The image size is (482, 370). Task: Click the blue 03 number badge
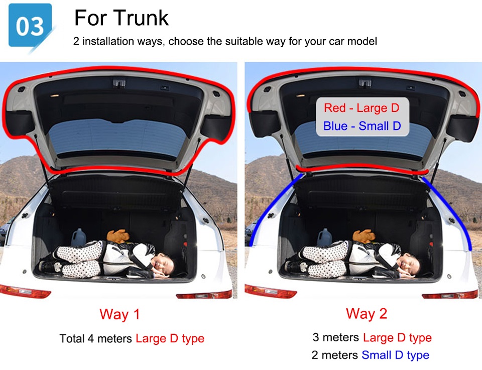click(x=30, y=25)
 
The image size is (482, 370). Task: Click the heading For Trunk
click(x=122, y=18)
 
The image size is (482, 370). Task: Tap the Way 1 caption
click(x=119, y=314)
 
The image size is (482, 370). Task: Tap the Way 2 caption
click(x=366, y=314)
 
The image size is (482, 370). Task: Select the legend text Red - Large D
click(x=361, y=108)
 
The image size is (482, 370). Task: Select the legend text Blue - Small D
click(x=362, y=126)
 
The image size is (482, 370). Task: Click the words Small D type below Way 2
click(x=395, y=355)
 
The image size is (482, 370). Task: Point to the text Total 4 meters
click(x=95, y=338)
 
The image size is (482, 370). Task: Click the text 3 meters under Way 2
click(x=336, y=337)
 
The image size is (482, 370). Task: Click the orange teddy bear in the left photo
click(x=118, y=235)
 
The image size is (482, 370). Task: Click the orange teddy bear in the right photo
click(x=364, y=236)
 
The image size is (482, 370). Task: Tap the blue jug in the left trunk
click(x=79, y=237)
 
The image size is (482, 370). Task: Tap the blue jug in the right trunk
click(x=325, y=237)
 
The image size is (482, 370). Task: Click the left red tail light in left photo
click(x=25, y=291)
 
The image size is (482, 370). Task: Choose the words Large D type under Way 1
click(x=170, y=338)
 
